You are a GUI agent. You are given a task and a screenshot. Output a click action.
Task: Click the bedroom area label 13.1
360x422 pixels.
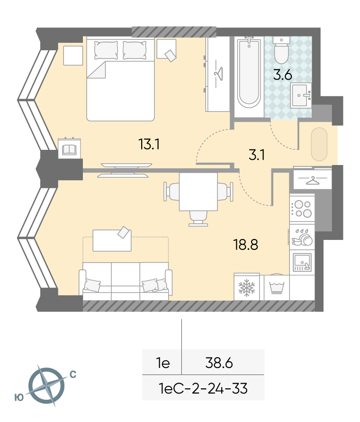click(149, 144)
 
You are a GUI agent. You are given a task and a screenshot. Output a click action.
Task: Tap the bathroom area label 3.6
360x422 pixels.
click(283, 74)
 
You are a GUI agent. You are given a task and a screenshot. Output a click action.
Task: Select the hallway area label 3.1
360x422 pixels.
click(257, 155)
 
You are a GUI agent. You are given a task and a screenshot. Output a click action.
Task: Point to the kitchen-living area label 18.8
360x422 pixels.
click(246, 245)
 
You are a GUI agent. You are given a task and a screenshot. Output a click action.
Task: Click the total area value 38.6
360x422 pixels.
click(219, 363)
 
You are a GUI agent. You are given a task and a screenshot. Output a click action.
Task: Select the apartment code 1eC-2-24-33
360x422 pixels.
click(203, 388)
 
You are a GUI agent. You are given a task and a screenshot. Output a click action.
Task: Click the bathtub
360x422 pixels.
click(249, 72)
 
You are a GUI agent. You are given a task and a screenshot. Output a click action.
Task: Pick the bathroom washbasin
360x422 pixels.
click(301, 95)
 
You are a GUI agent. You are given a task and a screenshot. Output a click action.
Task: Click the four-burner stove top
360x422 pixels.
click(302, 209)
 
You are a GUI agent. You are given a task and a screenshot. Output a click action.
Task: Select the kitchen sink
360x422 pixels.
click(302, 262)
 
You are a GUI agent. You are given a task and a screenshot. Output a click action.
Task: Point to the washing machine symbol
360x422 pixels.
click(277, 287)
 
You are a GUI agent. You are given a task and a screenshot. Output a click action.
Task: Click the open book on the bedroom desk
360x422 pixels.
click(69, 149)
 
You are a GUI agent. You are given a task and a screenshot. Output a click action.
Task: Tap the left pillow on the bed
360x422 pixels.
click(106, 50)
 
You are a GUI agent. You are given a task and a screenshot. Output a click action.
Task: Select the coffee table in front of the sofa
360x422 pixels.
click(112, 240)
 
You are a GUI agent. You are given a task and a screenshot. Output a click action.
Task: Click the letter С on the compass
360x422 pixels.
click(73, 375)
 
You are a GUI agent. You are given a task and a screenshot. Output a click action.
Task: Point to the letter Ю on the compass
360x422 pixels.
click(19, 397)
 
